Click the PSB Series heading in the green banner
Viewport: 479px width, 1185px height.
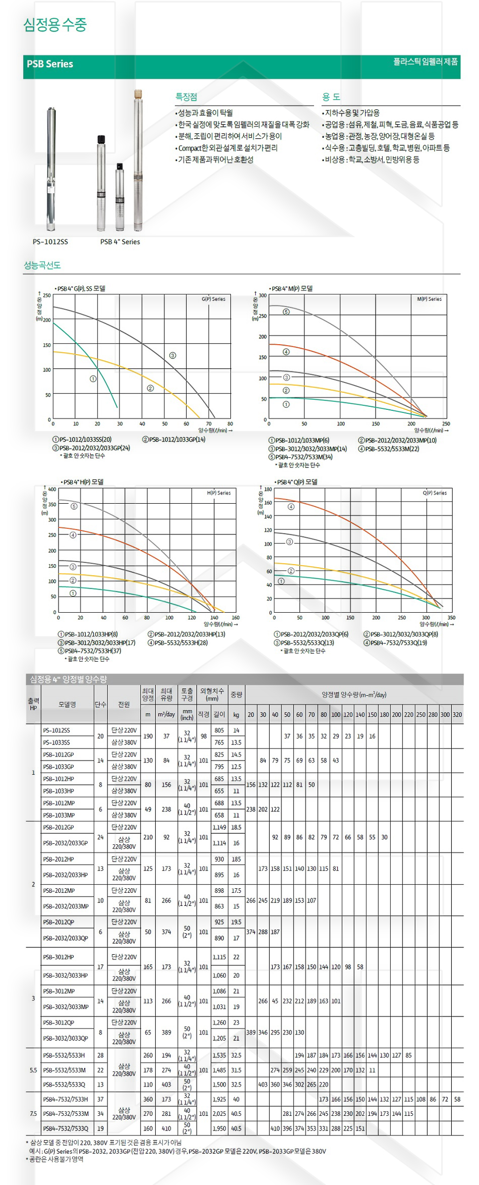[50, 64]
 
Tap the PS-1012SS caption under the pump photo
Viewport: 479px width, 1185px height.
[50, 242]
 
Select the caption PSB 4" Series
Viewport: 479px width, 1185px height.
[120, 242]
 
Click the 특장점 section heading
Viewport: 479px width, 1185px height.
[186, 97]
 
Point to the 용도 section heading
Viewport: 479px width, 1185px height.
[331, 97]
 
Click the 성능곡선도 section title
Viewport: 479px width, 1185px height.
[42, 265]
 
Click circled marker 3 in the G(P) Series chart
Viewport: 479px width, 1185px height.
[172, 355]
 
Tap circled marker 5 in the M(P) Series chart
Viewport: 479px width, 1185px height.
[286, 312]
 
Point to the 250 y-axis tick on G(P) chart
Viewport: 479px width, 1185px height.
[46, 296]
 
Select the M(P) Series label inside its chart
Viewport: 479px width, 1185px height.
[429, 299]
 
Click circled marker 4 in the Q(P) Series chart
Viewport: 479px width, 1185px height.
[291, 507]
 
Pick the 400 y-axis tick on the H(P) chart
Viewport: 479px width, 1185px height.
[52, 490]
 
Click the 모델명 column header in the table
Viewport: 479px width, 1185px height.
[67, 704]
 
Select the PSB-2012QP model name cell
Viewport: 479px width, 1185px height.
[58, 922]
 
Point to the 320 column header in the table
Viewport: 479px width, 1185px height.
[457, 715]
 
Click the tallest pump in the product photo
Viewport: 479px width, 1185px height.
[138, 161]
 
